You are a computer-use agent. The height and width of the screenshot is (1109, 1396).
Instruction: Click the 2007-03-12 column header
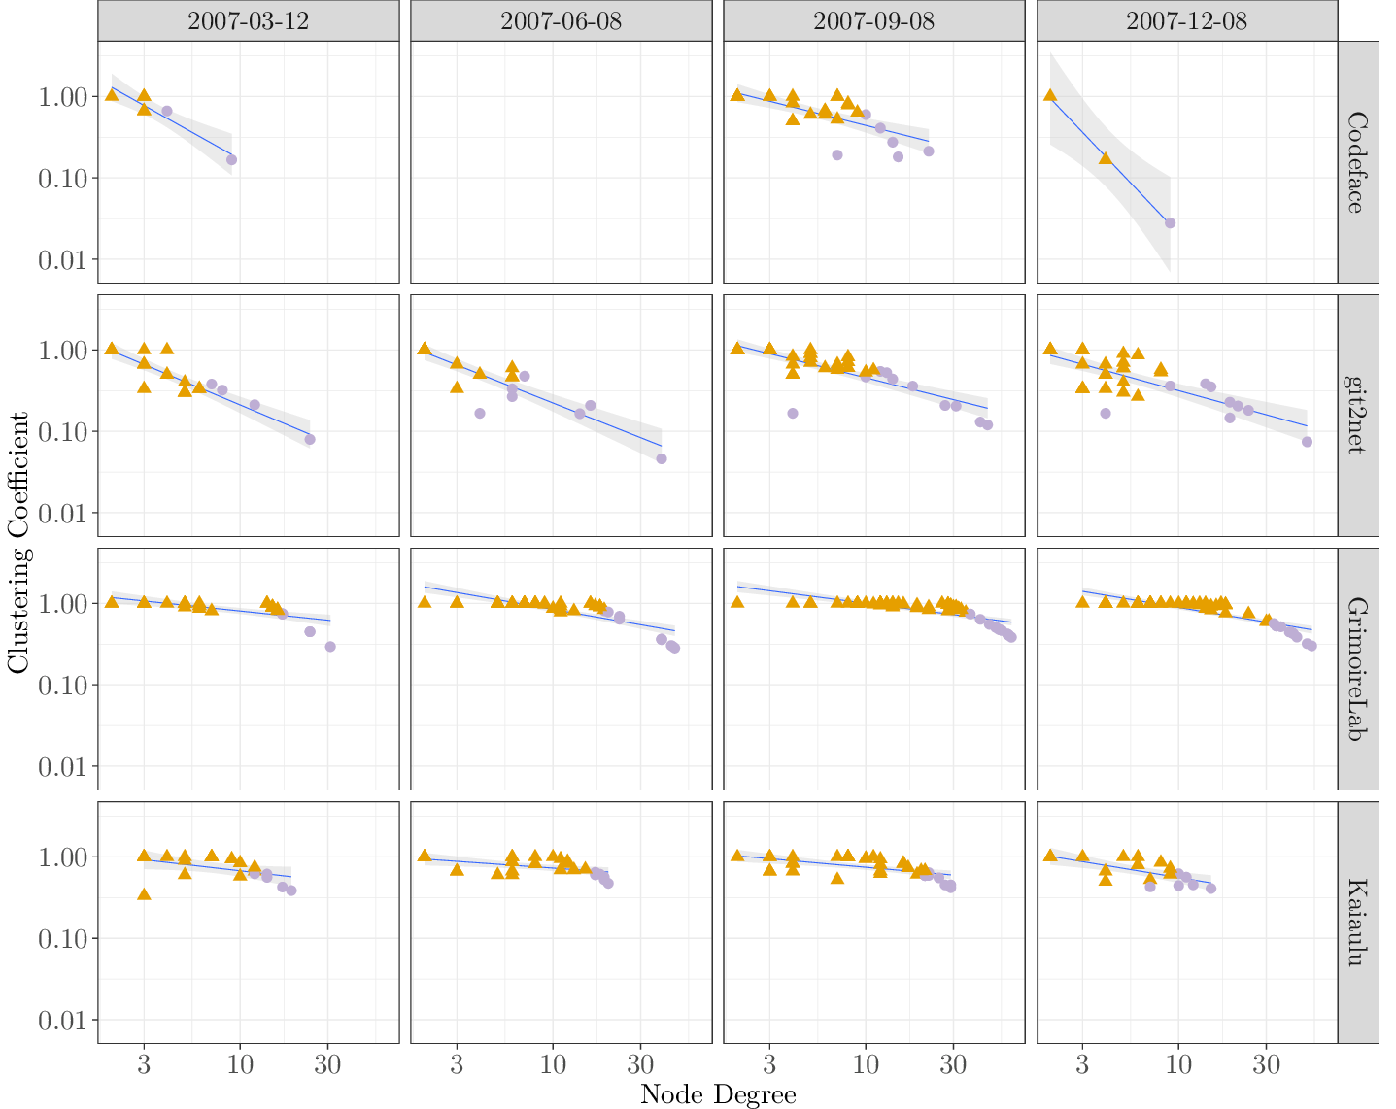(248, 20)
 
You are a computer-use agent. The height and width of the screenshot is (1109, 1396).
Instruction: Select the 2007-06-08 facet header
(561, 20)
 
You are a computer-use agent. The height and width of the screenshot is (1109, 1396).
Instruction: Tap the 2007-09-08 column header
(873, 20)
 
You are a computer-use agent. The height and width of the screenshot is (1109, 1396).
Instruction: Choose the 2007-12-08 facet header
(1186, 20)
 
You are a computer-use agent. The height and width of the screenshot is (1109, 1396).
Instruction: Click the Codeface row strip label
(1358, 162)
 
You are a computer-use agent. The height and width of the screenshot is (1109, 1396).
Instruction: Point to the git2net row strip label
(1358, 416)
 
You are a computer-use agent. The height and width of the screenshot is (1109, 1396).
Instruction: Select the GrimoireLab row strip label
(1358, 669)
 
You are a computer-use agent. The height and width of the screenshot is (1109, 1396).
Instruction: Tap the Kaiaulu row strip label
(1358, 923)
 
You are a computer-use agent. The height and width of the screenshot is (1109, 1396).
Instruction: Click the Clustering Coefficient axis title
(17, 542)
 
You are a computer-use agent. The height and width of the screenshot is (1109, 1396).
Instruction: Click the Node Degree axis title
(718, 1094)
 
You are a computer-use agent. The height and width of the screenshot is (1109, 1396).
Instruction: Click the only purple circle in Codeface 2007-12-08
(1170, 223)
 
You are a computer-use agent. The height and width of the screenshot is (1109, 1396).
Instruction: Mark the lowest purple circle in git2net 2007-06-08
(662, 458)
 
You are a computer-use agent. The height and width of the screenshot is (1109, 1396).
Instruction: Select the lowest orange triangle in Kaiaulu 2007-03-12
(144, 893)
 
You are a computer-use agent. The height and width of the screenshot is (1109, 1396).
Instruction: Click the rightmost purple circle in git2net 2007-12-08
(1307, 442)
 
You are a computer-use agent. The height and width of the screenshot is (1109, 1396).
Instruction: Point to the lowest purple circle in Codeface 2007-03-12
(231, 159)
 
